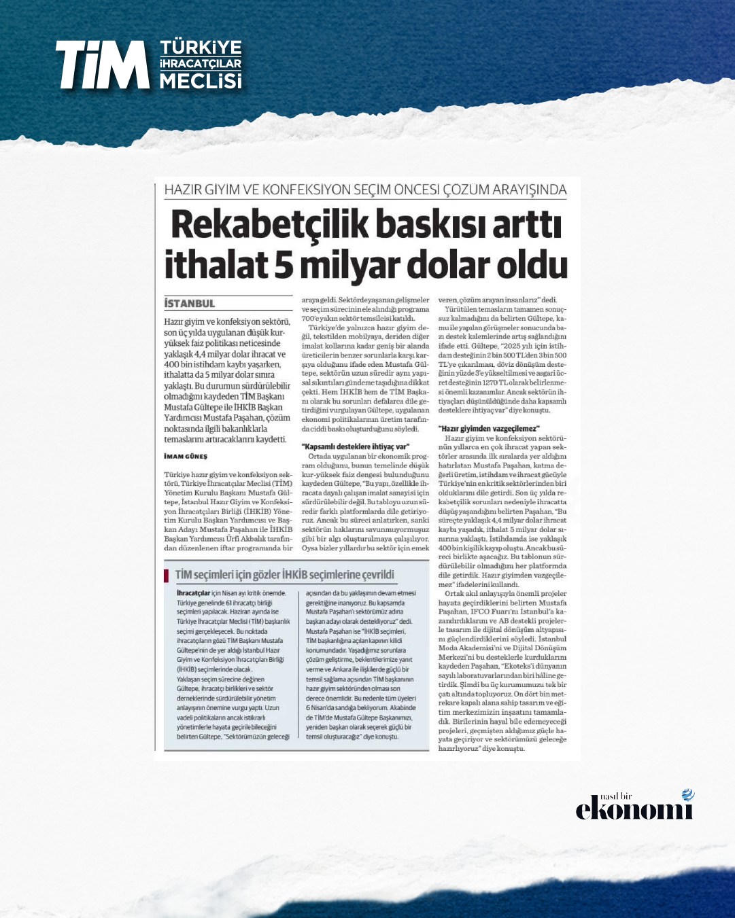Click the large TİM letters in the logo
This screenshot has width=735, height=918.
tap(102, 65)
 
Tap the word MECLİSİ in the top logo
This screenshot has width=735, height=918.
tap(201, 82)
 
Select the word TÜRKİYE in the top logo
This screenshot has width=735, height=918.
tap(201, 48)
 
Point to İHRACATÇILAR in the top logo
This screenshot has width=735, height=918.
tap(201, 64)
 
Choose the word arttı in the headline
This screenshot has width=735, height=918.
tap(525, 225)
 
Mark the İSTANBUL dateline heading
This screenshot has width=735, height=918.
tap(190, 304)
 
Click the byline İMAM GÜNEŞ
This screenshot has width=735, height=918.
tap(186, 457)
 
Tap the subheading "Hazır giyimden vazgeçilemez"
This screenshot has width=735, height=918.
tap(489, 429)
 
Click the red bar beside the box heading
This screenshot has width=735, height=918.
tap(167, 576)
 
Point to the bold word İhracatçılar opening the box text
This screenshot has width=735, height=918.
tap(193, 593)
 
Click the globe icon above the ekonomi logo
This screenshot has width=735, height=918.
tap(688, 795)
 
